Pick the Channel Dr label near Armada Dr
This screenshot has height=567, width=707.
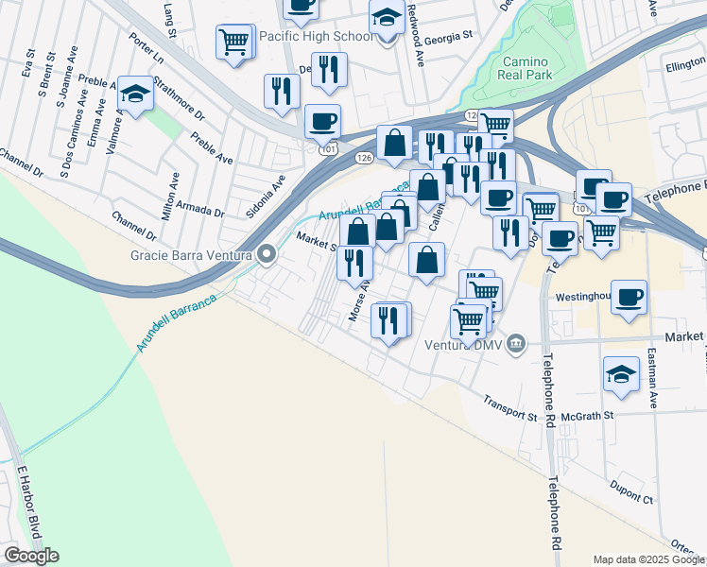click(133, 225)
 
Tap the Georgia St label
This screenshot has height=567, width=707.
click(448, 37)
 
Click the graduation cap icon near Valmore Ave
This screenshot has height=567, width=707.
click(136, 94)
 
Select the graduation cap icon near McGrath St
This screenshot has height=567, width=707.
click(620, 374)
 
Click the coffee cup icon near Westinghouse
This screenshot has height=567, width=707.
click(629, 297)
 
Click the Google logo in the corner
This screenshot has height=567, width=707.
click(31, 556)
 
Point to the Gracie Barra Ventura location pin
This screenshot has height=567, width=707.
click(267, 254)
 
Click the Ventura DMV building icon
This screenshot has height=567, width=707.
click(516, 342)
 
